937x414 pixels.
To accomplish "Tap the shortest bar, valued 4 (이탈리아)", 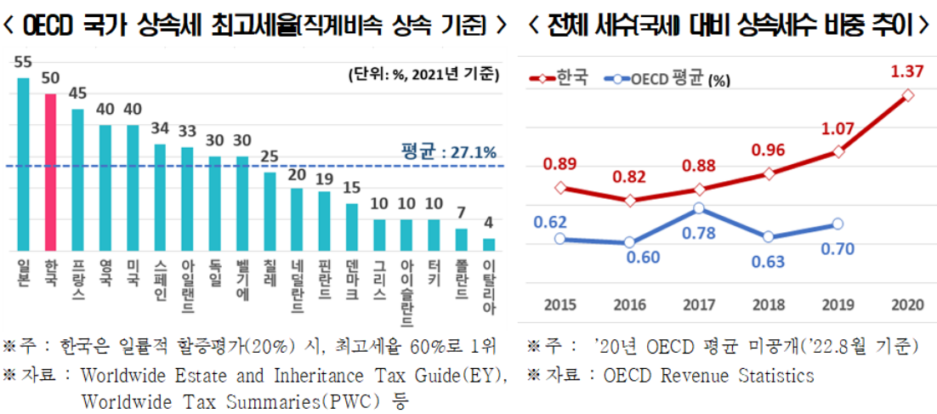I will pyautogui.click(x=488, y=245).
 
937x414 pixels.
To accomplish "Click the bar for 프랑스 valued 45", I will pyautogui.click(x=77, y=179).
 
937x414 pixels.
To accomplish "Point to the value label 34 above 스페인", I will pyautogui.click(x=160, y=130).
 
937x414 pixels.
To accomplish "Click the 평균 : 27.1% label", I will pyautogui.click(x=448, y=152).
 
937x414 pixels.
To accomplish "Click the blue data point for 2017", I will pyautogui.click(x=698, y=208).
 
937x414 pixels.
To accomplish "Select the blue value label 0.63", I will pyautogui.click(x=768, y=260).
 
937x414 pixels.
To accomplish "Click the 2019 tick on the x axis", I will pyautogui.click(x=838, y=303).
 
